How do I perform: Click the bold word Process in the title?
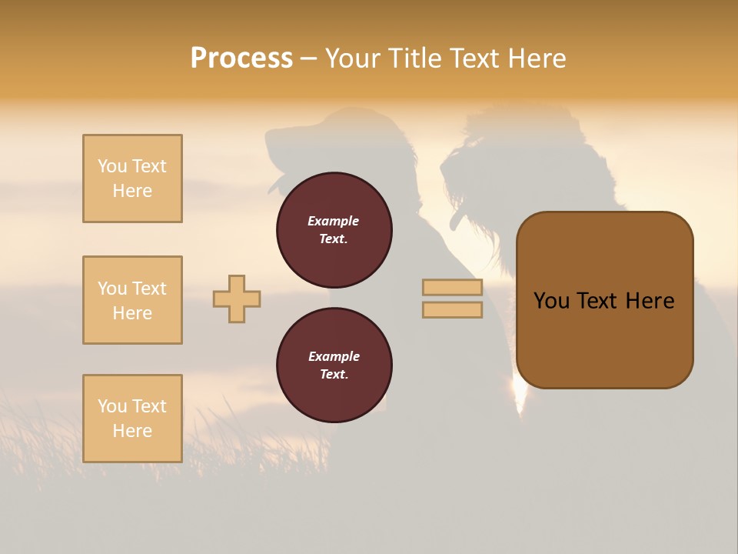(x=241, y=58)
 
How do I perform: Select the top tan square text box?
(x=132, y=179)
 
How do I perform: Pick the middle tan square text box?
(x=132, y=300)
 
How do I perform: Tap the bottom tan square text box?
(x=132, y=419)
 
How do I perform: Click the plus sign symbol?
(x=237, y=299)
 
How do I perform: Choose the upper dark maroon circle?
(x=334, y=229)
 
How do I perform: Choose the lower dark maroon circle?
(x=334, y=365)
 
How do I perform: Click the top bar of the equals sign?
(x=452, y=287)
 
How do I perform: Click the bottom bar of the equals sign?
(x=452, y=309)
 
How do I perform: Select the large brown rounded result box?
(x=604, y=299)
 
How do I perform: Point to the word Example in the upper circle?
(x=333, y=221)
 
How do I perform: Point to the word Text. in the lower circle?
(x=333, y=374)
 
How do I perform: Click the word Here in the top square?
(x=132, y=191)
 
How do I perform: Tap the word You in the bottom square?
(x=112, y=406)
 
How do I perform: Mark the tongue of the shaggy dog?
(x=457, y=222)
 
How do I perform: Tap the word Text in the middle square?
(x=148, y=289)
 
